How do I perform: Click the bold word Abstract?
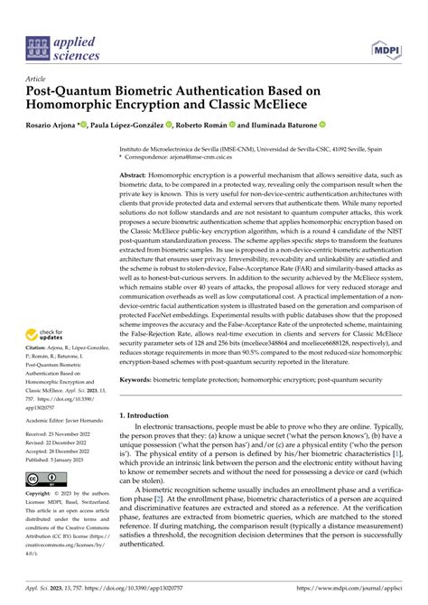pyautogui.click(x=139, y=174)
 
